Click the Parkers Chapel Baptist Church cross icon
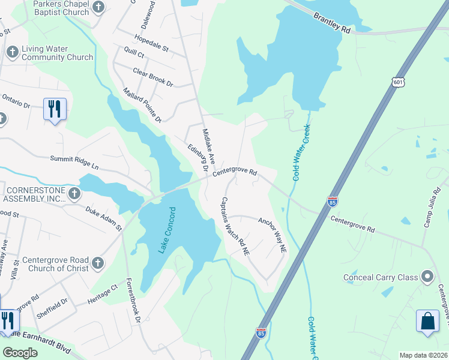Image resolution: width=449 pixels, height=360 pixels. tap(100, 8)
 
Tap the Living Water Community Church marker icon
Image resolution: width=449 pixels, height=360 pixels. tap(11, 53)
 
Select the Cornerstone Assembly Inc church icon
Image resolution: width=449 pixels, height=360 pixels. tap(74, 193)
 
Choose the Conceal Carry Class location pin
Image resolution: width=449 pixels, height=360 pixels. tap(427, 277)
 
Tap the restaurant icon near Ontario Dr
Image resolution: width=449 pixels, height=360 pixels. tap(55, 109)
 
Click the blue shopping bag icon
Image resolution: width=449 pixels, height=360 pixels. tap(429, 320)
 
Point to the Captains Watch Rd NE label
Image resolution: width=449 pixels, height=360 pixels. tap(234, 227)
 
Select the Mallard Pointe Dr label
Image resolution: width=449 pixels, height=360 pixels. tap(142, 104)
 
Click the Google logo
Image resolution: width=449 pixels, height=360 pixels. tap(20, 353)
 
